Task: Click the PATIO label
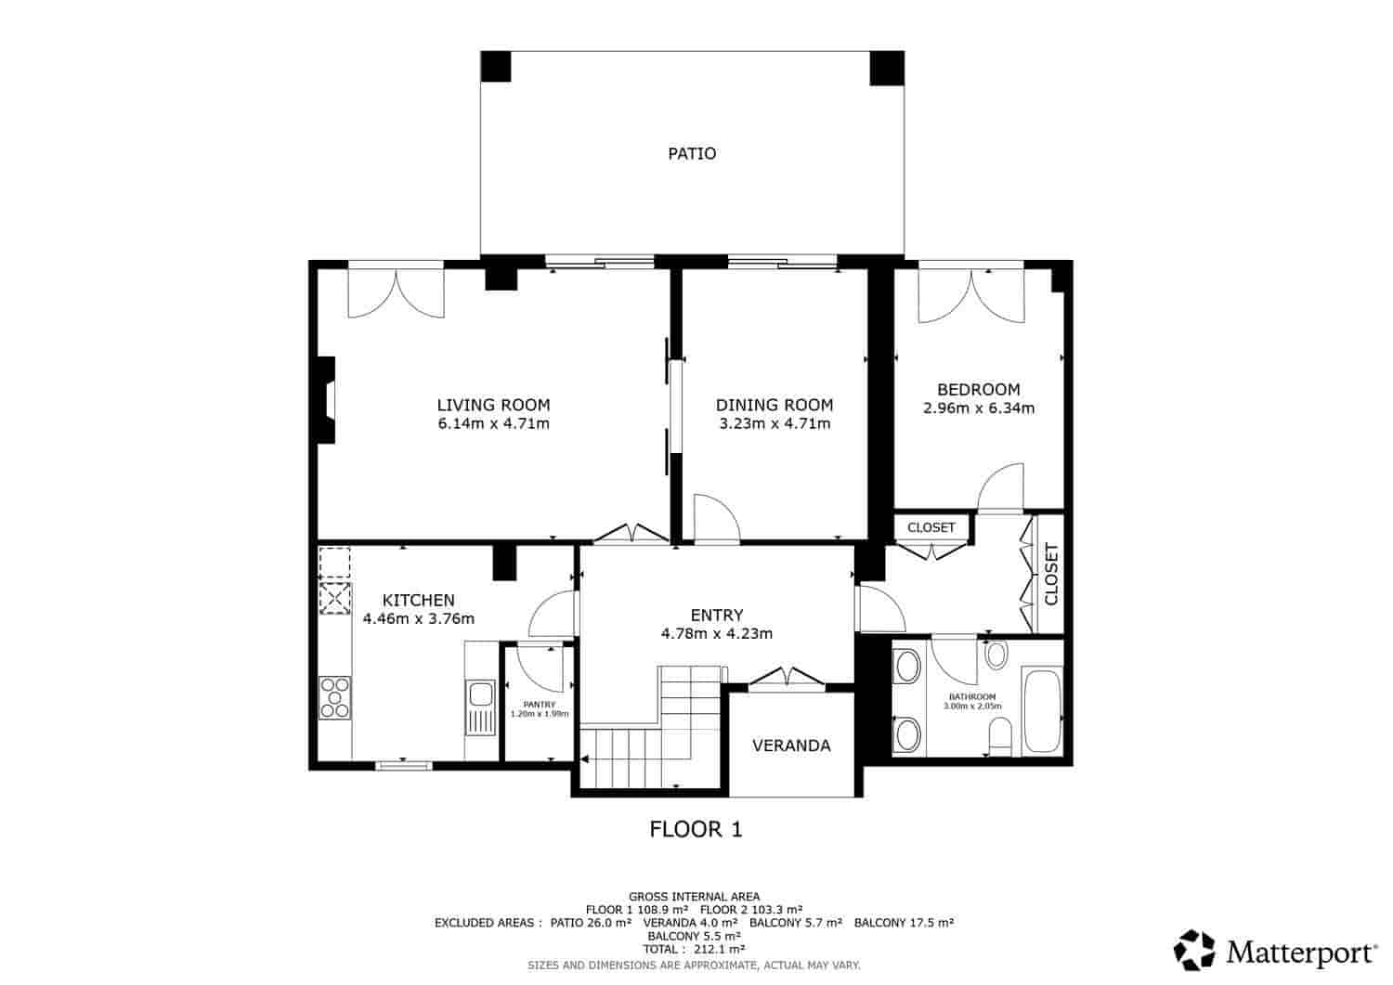point(692,153)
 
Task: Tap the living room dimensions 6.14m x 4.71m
point(493,424)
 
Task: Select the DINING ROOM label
point(774,405)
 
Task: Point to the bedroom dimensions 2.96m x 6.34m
point(978,408)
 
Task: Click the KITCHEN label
point(418,601)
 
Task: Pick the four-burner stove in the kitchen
point(335,697)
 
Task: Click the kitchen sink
point(480,693)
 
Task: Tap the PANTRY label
point(539,705)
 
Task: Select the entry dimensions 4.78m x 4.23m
point(716,634)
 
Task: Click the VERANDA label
point(791,745)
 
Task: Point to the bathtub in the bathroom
point(1042,711)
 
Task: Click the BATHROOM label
point(971,697)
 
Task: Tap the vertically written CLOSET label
point(1051,574)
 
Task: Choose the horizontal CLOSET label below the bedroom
point(931,527)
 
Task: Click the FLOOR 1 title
point(696,829)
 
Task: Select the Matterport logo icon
point(1194,950)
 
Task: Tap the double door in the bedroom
point(970,295)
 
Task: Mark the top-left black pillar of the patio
point(496,68)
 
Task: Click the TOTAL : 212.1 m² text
point(696,950)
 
